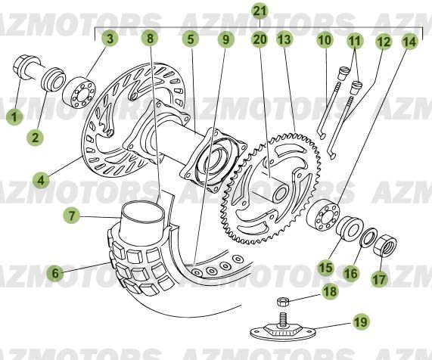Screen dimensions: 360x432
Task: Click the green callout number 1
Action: coord(13,116)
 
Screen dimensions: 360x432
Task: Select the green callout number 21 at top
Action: coord(260,11)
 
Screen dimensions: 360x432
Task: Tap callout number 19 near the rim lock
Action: coord(362,322)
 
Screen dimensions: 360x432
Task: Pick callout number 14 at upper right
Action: coord(409,42)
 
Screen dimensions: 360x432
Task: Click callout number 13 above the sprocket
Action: coord(284,39)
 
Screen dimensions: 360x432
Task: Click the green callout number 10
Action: coord(324,39)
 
